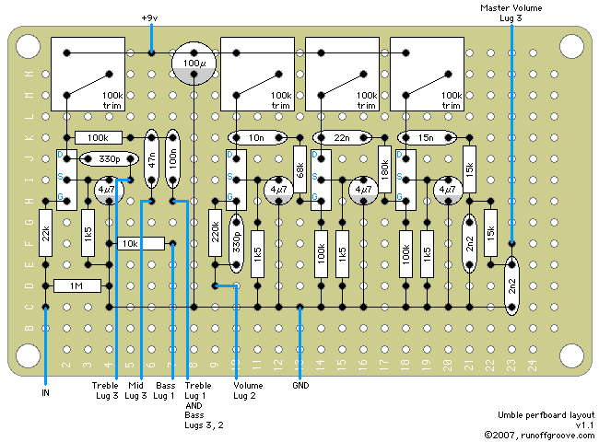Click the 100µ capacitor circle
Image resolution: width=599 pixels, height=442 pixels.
(193, 64)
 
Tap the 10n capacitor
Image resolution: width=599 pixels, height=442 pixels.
(257, 137)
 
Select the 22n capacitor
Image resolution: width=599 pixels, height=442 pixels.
(342, 137)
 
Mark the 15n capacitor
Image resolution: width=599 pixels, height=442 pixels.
(426, 137)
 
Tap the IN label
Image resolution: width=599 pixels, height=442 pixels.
(45, 392)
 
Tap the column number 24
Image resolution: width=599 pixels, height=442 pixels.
(532, 364)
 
